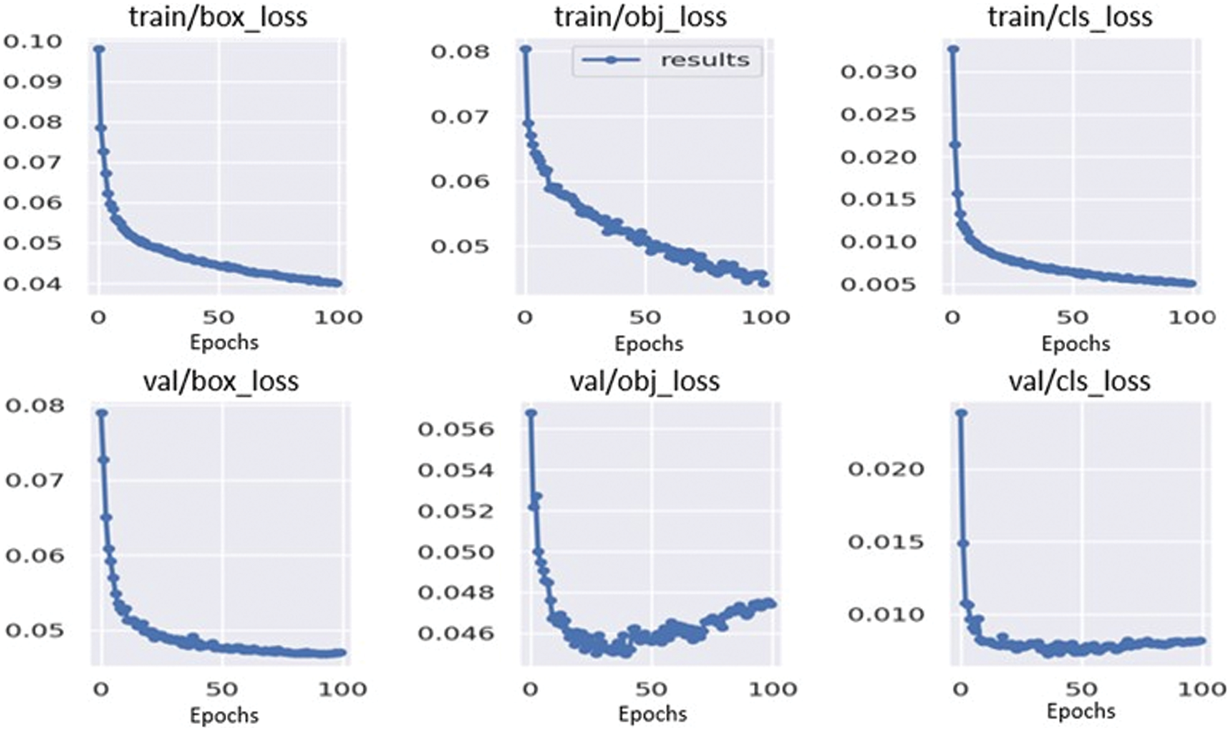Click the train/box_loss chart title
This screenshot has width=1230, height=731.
pos(218,17)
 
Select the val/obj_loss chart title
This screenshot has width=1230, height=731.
pos(644,381)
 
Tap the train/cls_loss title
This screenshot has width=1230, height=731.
pos(1069,17)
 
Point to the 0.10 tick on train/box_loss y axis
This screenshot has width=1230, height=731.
pos(33,42)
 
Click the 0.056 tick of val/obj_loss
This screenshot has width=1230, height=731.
pos(456,429)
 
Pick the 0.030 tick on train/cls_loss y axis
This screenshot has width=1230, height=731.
pos(878,72)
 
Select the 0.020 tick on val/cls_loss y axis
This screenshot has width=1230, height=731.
pos(886,469)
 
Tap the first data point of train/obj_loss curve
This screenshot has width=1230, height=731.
pos(526,49)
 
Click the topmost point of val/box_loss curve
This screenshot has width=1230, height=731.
pos(102,413)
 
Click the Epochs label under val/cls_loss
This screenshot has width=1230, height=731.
pos(1080,712)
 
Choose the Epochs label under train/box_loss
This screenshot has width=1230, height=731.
pos(224,342)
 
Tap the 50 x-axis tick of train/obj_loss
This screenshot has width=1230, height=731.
pos(645,318)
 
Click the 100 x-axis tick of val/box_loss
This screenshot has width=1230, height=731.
pos(342,690)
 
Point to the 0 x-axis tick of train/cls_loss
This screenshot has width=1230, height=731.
pos(952,318)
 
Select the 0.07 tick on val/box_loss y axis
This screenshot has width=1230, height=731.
pos(35,481)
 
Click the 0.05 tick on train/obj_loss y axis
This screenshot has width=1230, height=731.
pos(460,246)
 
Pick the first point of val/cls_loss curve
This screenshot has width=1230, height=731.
pos(961,413)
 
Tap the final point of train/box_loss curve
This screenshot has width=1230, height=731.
pos(337,283)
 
